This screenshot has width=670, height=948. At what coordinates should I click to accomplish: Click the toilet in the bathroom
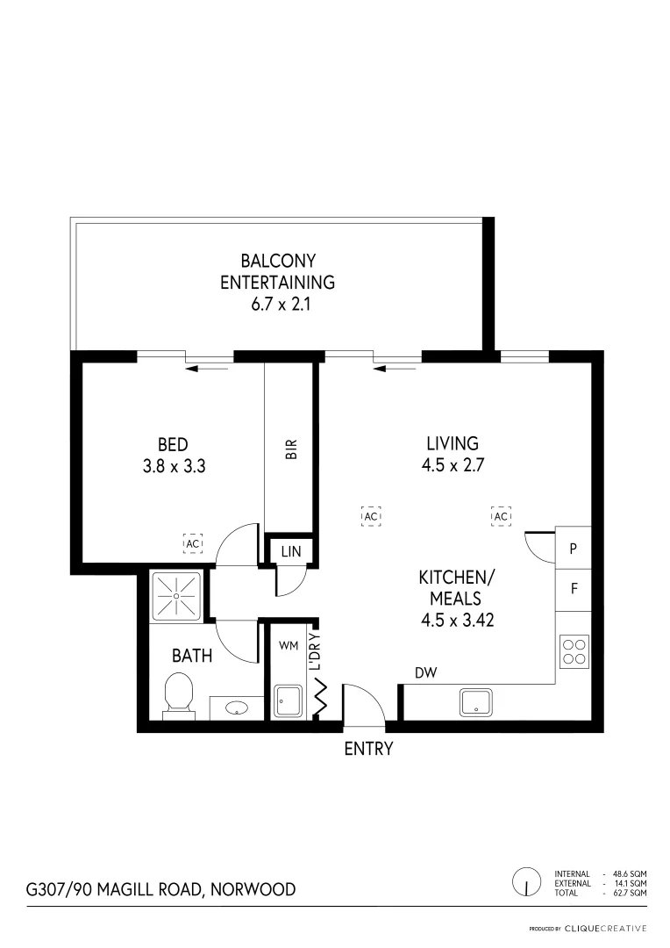(x=178, y=693)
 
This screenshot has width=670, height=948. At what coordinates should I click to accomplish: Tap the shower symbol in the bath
(x=176, y=595)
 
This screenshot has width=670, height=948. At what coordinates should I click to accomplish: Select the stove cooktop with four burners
(x=574, y=650)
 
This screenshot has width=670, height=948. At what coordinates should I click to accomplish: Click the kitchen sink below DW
(x=475, y=702)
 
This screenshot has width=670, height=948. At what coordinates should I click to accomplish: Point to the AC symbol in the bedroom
(x=193, y=543)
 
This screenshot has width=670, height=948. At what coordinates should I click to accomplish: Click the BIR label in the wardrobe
(x=292, y=449)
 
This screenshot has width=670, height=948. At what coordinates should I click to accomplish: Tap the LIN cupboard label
(x=289, y=551)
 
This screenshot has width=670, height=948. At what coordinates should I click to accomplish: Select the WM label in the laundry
(x=289, y=645)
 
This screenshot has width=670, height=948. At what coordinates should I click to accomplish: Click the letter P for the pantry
(x=574, y=549)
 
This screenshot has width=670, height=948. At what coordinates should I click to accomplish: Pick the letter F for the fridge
(x=574, y=589)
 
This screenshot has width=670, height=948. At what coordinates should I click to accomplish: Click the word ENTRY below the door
(x=368, y=749)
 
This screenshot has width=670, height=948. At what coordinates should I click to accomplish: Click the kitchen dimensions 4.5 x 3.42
(x=451, y=620)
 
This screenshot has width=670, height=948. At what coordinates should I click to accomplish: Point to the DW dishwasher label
(x=427, y=673)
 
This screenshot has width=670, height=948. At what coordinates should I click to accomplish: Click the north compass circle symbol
(x=526, y=880)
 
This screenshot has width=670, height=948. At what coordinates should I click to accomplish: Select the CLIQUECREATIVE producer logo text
(x=605, y=928)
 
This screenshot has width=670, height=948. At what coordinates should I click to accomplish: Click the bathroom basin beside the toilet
(x=236, y=707)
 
